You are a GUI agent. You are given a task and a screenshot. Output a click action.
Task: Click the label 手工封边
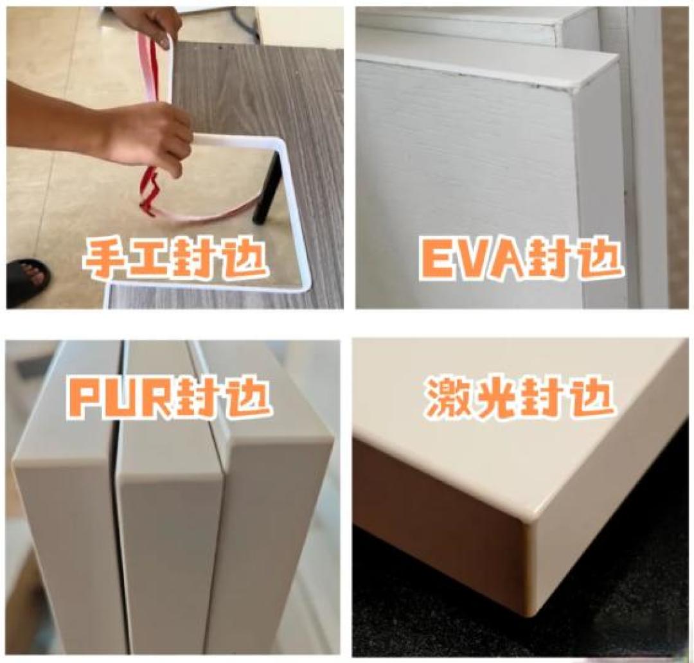click(x=175, y=258)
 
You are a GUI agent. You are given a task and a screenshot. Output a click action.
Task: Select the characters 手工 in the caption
click(x=129, y=258)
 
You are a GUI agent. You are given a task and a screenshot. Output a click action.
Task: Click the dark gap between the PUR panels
click(x=118, y=496)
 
